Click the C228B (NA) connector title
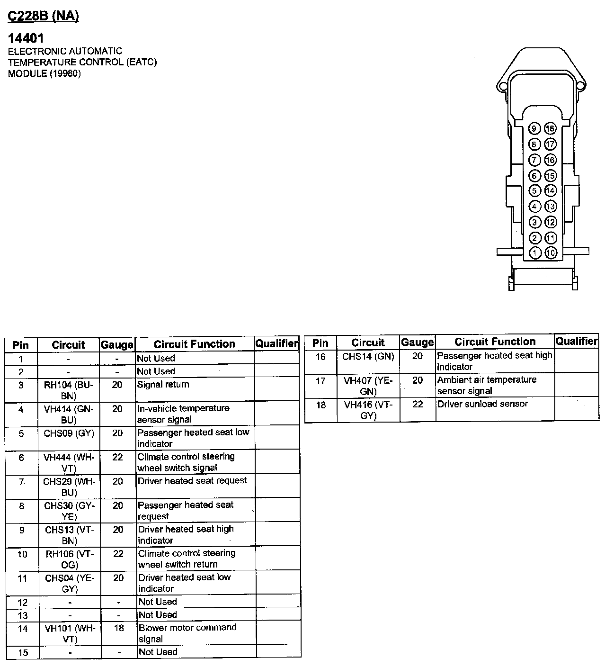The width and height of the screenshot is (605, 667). tap(43, 16)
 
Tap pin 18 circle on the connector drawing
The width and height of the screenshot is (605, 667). tap(550, 128)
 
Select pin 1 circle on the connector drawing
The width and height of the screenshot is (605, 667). tap(534, 253)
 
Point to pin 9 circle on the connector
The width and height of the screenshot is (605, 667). tap(534, 128)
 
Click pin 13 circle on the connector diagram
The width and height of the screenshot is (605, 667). tap(550, 207)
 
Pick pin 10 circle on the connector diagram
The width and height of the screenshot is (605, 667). tap(550, 253)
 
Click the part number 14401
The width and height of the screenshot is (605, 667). tap(26, 38)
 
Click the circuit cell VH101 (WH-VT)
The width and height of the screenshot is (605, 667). tap(70, 633)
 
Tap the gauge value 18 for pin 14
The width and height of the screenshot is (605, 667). tap(118, 628)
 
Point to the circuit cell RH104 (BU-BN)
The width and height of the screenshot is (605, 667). tap(69, 390)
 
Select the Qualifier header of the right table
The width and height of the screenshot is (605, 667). tap(576, 341)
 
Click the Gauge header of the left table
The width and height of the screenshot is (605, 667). tap(117, 345)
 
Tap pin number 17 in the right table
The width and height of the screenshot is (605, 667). tap(320, 380)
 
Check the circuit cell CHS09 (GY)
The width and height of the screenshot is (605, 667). tap(69, 433)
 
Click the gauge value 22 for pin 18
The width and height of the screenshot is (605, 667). tap(418, 404)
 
